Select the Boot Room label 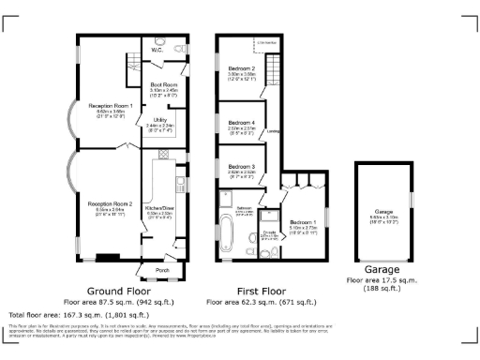point(164,85)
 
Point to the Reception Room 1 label point(110,106)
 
